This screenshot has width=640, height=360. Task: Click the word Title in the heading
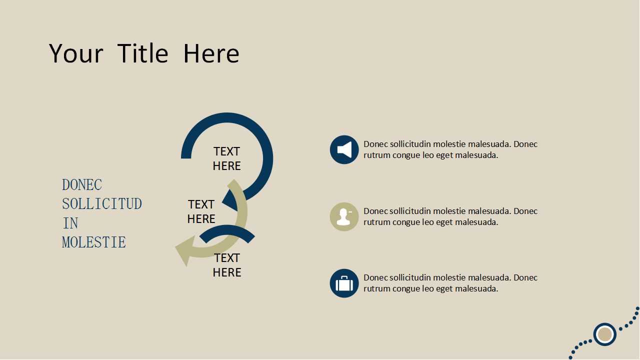point(142,53)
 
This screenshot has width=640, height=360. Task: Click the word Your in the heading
point(76,53)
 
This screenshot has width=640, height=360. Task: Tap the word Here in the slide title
point(211,53)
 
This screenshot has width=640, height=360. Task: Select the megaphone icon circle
point(344,149)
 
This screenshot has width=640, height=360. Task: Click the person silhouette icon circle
point(344,217)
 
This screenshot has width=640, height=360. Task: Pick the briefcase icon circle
point(344,283)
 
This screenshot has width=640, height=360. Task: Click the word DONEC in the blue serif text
point(82,185)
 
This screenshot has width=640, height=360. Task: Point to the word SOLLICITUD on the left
point(102,204)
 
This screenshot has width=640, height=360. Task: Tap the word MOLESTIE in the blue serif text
point(94,242)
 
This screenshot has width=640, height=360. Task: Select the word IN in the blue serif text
point(70,223)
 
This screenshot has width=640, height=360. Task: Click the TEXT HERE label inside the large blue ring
point(227,158)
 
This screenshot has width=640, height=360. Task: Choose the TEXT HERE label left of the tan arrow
point(201,211)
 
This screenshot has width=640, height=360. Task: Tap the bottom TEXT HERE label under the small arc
point(227,265)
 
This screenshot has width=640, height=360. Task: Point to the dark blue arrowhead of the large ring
point(230,200)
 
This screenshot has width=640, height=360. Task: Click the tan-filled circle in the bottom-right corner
point(605,334)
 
